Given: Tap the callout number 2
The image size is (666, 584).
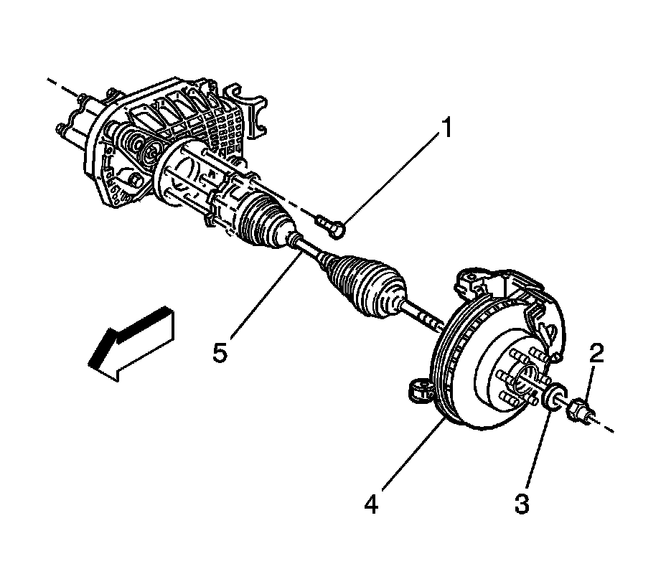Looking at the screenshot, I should [597, 352].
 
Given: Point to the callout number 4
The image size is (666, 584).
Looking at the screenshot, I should [371, 504].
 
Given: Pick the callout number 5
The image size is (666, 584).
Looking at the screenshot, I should [221, 352].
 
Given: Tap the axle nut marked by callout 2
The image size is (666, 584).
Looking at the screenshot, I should [578, 413].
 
